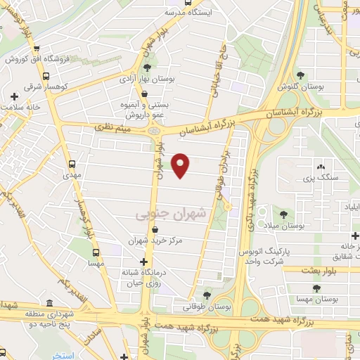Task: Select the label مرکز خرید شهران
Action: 155,240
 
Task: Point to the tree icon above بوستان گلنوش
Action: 301,75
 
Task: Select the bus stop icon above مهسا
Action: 96,252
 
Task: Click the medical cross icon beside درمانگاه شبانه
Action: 144,262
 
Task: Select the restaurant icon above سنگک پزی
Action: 321,167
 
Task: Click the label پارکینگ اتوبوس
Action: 260,252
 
